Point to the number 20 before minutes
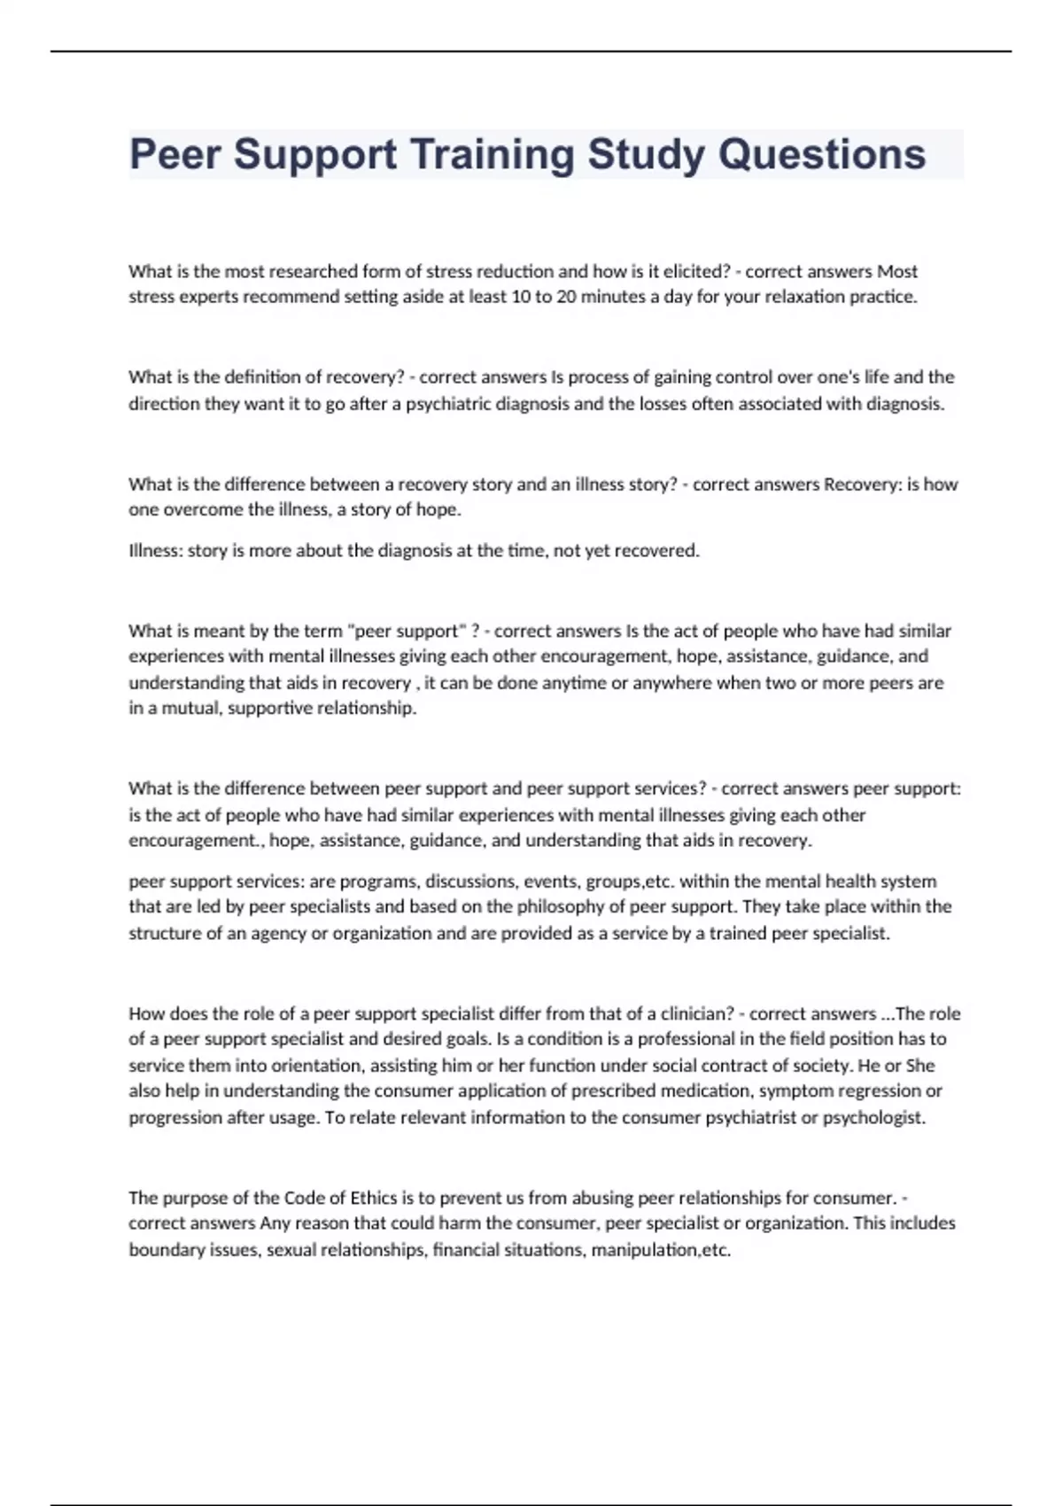[x=566, y=297]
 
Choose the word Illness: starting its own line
[x=156, y=551]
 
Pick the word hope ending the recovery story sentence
[x=440, y=510]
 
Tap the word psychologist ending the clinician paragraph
[x=873, y=1118]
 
